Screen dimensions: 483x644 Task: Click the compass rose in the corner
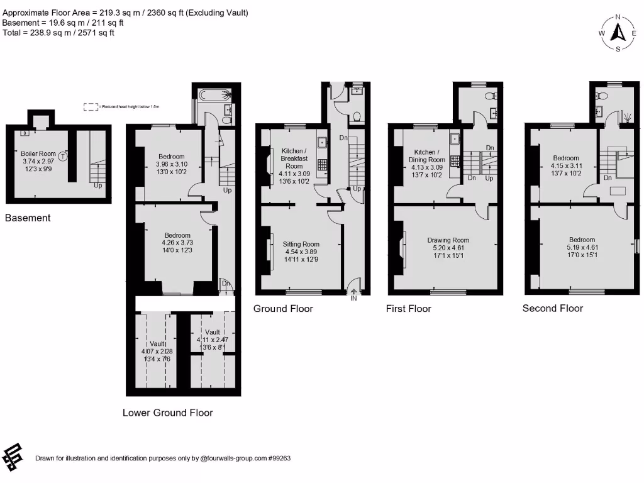[618, 33]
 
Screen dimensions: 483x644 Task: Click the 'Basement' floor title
[28, 218]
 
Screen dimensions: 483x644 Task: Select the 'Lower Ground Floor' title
[167, 413]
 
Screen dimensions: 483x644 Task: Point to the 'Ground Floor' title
[283, 308]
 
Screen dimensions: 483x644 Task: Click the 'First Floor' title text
[408, 308]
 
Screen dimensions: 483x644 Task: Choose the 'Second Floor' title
[552, 308]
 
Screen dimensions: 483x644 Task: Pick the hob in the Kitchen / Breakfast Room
[321, 165]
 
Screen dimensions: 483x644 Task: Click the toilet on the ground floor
[357, 116]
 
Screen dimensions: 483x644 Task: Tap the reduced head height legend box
[91, 107]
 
